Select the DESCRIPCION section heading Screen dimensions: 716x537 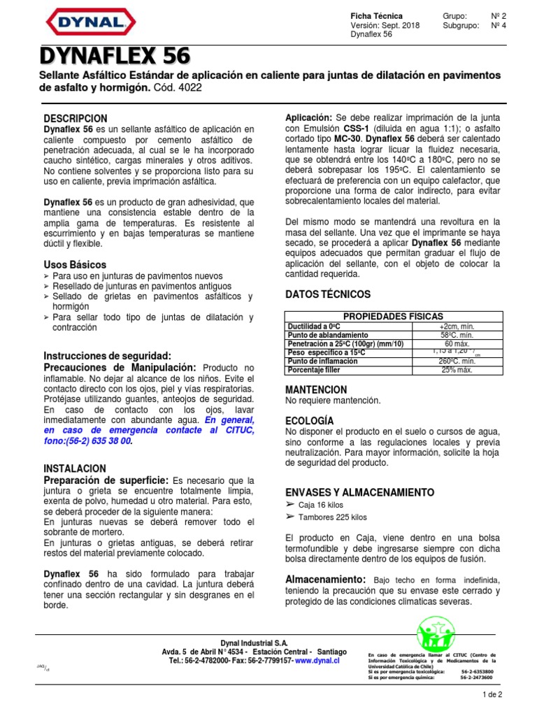(x=76, y=118)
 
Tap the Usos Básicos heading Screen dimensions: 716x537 (x=75, y=265)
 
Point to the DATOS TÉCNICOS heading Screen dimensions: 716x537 (x=328, y=294)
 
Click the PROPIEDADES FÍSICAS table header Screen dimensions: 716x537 (x=394, y=317)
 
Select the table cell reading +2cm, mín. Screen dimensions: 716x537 (x=456, y=326)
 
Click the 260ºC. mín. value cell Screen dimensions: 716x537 (x=456, y=361)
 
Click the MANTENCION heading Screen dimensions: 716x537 (x=316, y=389)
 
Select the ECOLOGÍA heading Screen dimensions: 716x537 (x=309, y=420)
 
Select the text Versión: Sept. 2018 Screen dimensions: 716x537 (x=381, y=24)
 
